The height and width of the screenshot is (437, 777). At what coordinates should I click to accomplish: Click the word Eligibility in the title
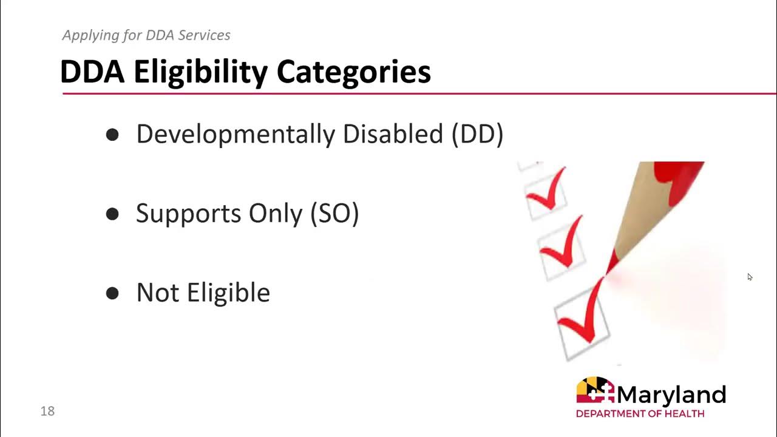tap(201, 72)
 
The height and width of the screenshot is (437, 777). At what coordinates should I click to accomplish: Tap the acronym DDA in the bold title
tap(92, 72)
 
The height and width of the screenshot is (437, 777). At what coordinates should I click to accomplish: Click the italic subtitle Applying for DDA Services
tap(146, 35)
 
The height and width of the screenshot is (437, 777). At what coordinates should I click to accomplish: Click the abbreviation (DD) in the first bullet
tap(477, 134)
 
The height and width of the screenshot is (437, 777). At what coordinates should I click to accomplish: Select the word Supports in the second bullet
tap(188, 214)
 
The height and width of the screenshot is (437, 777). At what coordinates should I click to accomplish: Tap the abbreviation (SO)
tap(334, 214)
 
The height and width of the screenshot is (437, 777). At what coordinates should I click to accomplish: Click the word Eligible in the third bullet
tap(228, 293)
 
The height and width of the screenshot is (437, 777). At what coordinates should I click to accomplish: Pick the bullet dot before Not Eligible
tap(112, 294)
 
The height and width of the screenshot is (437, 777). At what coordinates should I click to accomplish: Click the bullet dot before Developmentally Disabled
tap(112, 135)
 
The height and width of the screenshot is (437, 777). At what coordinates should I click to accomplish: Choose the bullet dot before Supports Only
tap(112, 214)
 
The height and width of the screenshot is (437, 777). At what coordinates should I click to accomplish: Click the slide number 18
tap(47, 412)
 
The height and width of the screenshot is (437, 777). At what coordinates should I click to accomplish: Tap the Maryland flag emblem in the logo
tap(595, 390)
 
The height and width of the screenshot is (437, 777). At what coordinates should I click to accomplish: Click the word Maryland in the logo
tap(671, 395)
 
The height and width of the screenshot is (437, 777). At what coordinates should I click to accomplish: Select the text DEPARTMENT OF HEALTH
tap(640, 414)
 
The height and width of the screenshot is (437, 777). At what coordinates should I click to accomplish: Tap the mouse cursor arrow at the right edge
tap(750, 277)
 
